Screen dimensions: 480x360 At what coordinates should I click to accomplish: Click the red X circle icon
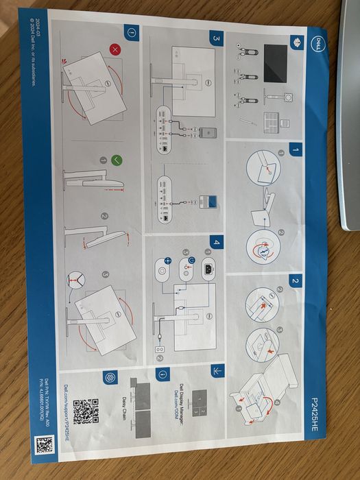(117, 49)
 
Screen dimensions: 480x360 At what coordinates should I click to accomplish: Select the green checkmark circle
(117, 160)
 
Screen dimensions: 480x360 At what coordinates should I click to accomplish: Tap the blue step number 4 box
(217, 242)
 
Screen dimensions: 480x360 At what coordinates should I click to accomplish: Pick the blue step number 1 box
(295, 148)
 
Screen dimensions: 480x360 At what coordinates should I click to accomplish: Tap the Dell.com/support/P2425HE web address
(67, 411)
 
